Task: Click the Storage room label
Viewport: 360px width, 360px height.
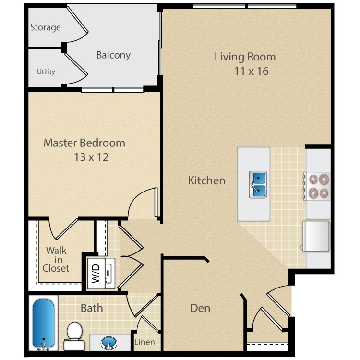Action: (46, 27)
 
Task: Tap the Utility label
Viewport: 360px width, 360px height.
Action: (46, 72)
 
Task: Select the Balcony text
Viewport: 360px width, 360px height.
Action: (113, 55)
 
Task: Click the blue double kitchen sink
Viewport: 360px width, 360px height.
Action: (258, 184)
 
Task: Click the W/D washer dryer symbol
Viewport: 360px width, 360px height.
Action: (100, 273)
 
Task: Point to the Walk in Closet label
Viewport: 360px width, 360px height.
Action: (56, 259)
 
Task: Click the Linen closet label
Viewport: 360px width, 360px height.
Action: (144, 343)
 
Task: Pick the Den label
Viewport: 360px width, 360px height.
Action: (200, 308)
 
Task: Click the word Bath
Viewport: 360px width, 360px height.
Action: (91, 308)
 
